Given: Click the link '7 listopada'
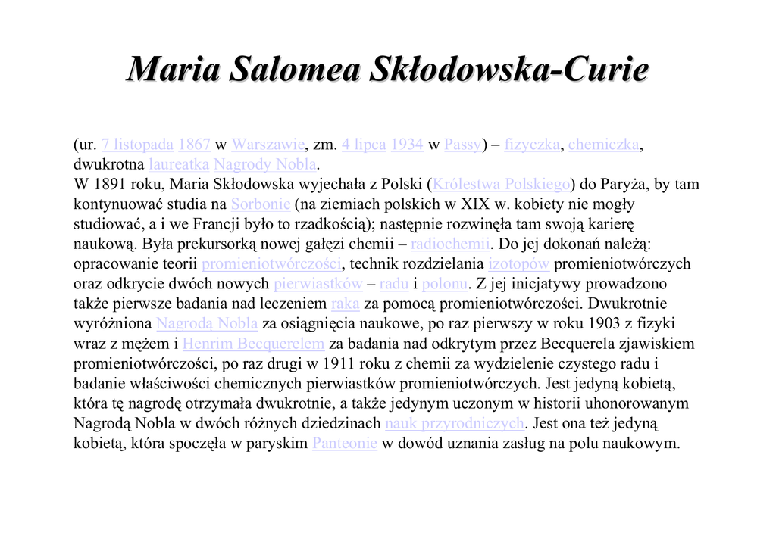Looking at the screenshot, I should click(x=137, y=145).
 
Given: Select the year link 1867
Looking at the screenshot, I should click(x=194, y=145).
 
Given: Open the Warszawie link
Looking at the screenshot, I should click(x=268, y=145).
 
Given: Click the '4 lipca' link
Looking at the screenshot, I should click(x=364, y=145).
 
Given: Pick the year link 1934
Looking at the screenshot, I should click(x=407, y=145).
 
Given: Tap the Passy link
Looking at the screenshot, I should click(x=462, y=145).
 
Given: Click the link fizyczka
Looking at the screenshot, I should click(x=532, y=145).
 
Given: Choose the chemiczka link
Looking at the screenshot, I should click(x=604, y=145).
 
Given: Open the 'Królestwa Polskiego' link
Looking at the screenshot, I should click(x=500, y=185).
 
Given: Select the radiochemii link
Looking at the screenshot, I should click(x=451, y=244).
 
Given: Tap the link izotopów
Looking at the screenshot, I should click(x=519, y=264).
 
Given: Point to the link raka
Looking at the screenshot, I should click(x=346, y=304).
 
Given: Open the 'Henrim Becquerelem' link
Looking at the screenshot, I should click(x=254, y=344).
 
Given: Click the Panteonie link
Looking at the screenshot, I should click(x=344, y=444).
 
